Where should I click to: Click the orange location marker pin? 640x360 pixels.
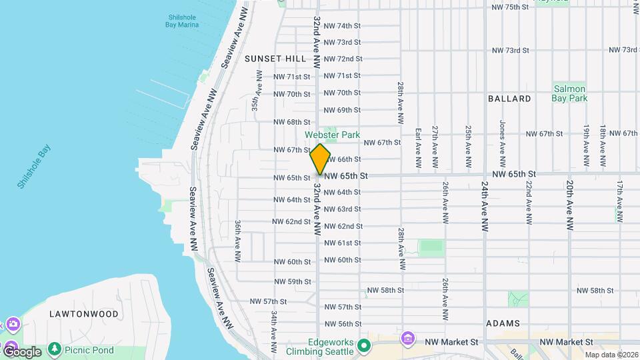point(320,159)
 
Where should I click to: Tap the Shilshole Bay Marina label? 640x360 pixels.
point(182,20)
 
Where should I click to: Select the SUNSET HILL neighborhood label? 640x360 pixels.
point(275,59)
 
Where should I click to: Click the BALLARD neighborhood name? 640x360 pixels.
point(509,99)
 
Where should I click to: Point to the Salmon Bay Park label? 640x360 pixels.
point(569,93)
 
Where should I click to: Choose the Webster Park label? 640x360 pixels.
point(332,135)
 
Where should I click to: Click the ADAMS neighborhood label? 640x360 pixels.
point(503,323)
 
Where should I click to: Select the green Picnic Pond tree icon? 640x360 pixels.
point(54,349)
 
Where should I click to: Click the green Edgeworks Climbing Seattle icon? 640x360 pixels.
point(364,345)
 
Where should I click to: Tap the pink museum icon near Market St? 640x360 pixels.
point(408,339)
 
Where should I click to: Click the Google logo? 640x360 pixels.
point(22,351)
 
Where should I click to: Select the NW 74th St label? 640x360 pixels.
point(342,26)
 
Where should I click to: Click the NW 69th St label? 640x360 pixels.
point(342,110)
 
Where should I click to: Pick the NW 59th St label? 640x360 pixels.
point(291,282)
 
